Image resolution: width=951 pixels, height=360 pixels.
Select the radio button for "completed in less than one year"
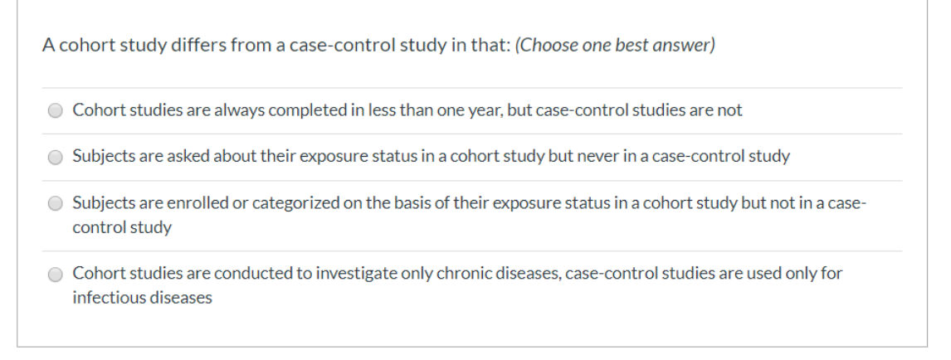(x=56, y=110)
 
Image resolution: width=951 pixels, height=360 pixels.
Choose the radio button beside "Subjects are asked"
(x=56, y=156)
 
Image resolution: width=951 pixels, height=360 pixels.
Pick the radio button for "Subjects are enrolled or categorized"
(x=56, y=202)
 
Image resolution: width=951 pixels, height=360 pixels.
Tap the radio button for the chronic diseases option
(x=56, y=273)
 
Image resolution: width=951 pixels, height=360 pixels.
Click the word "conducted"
(x=237, y=273)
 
